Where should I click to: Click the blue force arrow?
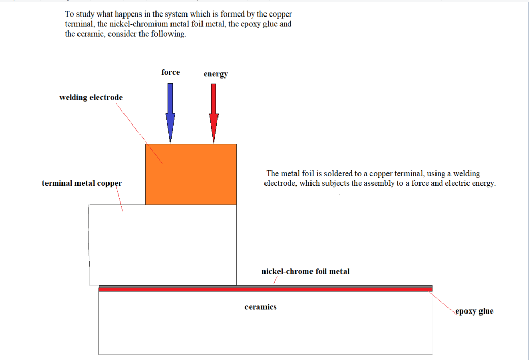pyautogui.click(x=170, y=113)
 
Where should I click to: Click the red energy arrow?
pyautogui.click(x=213, y=113)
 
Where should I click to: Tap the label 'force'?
pyautogui.click(x=170, y=72)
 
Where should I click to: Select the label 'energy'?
pyautogui.click(x=215, y=74)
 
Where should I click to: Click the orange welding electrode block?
pyautogui.click(x=191, y=174)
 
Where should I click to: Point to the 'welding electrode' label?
pyautogui.click(x=91, y=98)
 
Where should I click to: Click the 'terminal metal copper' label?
pyautogui.click(x=82, y=183)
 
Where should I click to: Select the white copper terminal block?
pyautogui.click(x=163, y=245)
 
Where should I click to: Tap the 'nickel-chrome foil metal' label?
pyautogui.click(x=305, y=271)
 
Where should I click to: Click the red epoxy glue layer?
pyautogui.click(x=266, y=289)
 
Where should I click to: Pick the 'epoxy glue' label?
pyautogui.click(x=474, y=311)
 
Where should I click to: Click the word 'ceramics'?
pyautogui.click(x=260, y=307)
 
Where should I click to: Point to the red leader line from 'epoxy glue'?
pyautogui.click(x=443, y=303)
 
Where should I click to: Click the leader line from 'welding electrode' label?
pyautogui.click(x=139, y=134)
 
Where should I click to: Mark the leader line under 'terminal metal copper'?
pyautogui.click(x=119, y=199)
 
